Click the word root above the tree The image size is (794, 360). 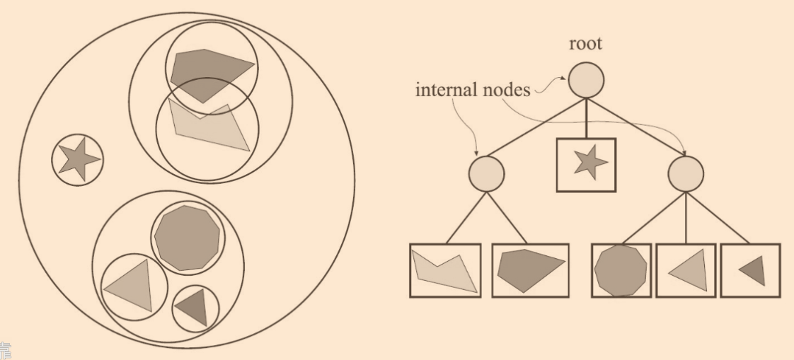pos(586,44)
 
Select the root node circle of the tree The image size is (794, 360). pos(586,80)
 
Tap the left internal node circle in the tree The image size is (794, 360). pos(486,173)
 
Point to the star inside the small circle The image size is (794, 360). pos(77,160)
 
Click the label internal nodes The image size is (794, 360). pos(473,90)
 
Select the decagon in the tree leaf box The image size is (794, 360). pos(621,269)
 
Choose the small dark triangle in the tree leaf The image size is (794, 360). pos(753,270)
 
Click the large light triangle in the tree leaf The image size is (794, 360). pos(689,270)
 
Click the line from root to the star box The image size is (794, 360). pos(586,118)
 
